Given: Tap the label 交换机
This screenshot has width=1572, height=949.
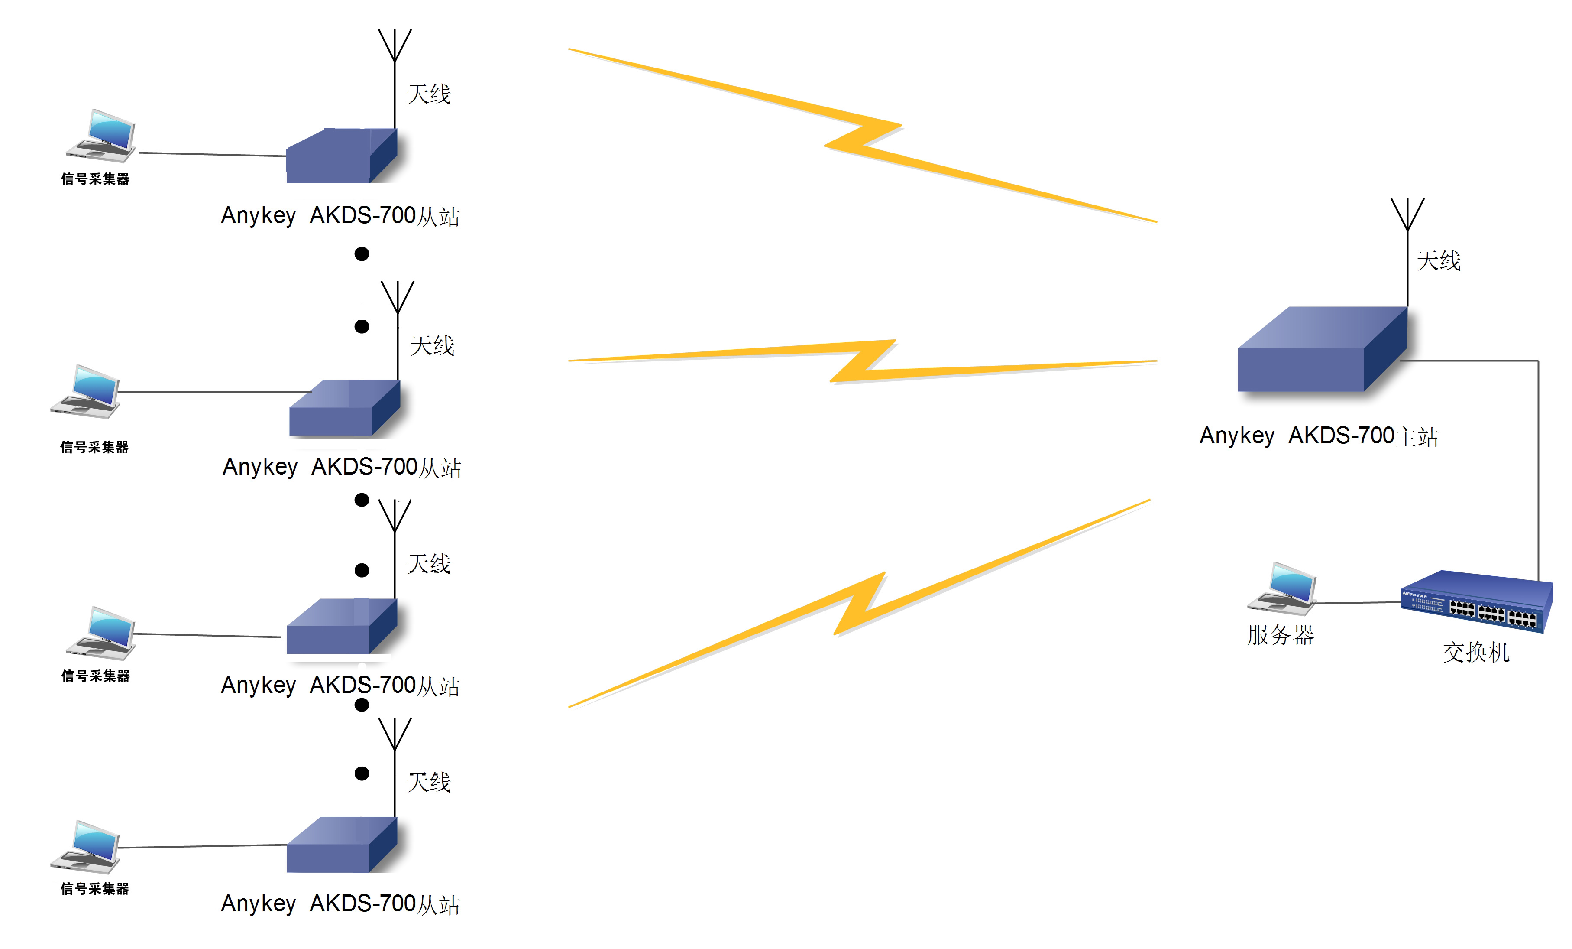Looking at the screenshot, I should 1476,652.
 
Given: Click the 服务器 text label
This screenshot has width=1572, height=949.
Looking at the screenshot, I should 1281,635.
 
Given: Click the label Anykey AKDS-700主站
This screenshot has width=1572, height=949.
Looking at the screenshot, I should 1319,436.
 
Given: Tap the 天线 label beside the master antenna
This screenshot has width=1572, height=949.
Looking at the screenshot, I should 1439,260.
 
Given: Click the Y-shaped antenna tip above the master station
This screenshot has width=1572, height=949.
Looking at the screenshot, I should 1407,214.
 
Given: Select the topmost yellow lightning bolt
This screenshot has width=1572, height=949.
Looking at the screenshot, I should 863,135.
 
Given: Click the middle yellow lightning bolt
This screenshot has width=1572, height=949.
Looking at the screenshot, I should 863,361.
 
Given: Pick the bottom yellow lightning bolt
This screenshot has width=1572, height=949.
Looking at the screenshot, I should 859,604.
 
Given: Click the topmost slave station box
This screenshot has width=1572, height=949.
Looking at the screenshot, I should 342,156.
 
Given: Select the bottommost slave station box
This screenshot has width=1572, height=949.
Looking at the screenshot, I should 342,845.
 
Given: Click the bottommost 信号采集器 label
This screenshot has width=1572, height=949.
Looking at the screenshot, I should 95,888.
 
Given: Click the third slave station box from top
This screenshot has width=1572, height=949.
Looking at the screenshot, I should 342,627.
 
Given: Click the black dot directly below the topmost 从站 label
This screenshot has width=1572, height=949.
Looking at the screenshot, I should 362,254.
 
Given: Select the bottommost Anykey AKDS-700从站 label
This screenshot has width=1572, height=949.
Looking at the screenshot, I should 340,903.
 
